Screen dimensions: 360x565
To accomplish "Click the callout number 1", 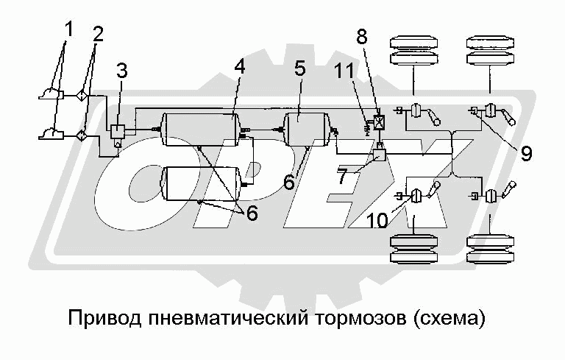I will [68, 31].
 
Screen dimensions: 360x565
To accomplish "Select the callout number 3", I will [122, 71].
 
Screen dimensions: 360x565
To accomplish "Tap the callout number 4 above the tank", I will [239, 67].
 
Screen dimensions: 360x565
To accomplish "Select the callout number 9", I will [525, 154].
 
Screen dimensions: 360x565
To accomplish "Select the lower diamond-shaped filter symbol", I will [82, 135].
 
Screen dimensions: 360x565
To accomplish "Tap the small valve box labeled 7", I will [380, 155].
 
